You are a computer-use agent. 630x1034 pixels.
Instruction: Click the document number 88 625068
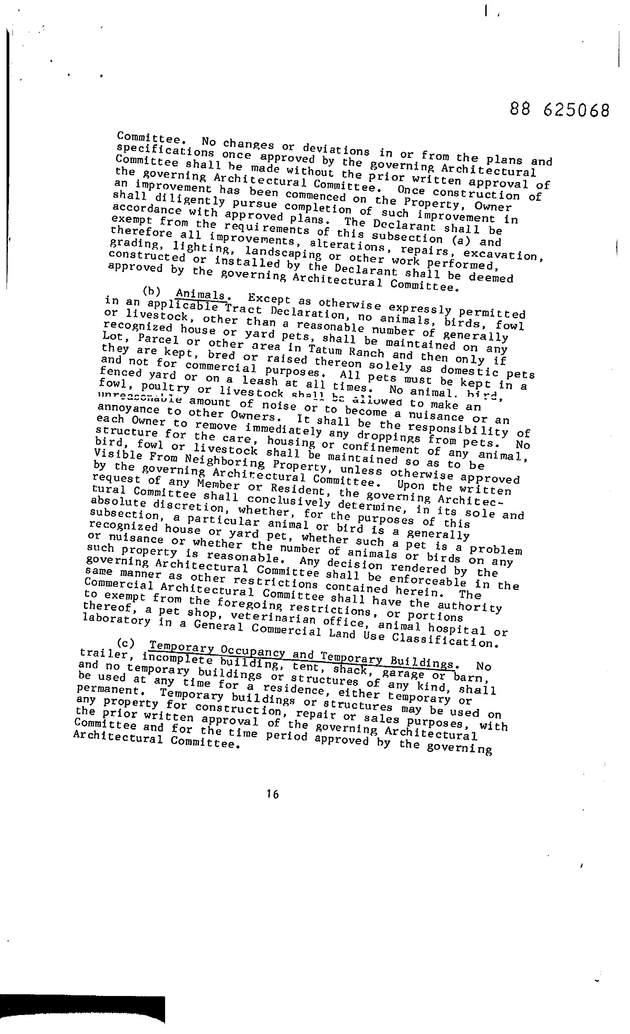[560, 110]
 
